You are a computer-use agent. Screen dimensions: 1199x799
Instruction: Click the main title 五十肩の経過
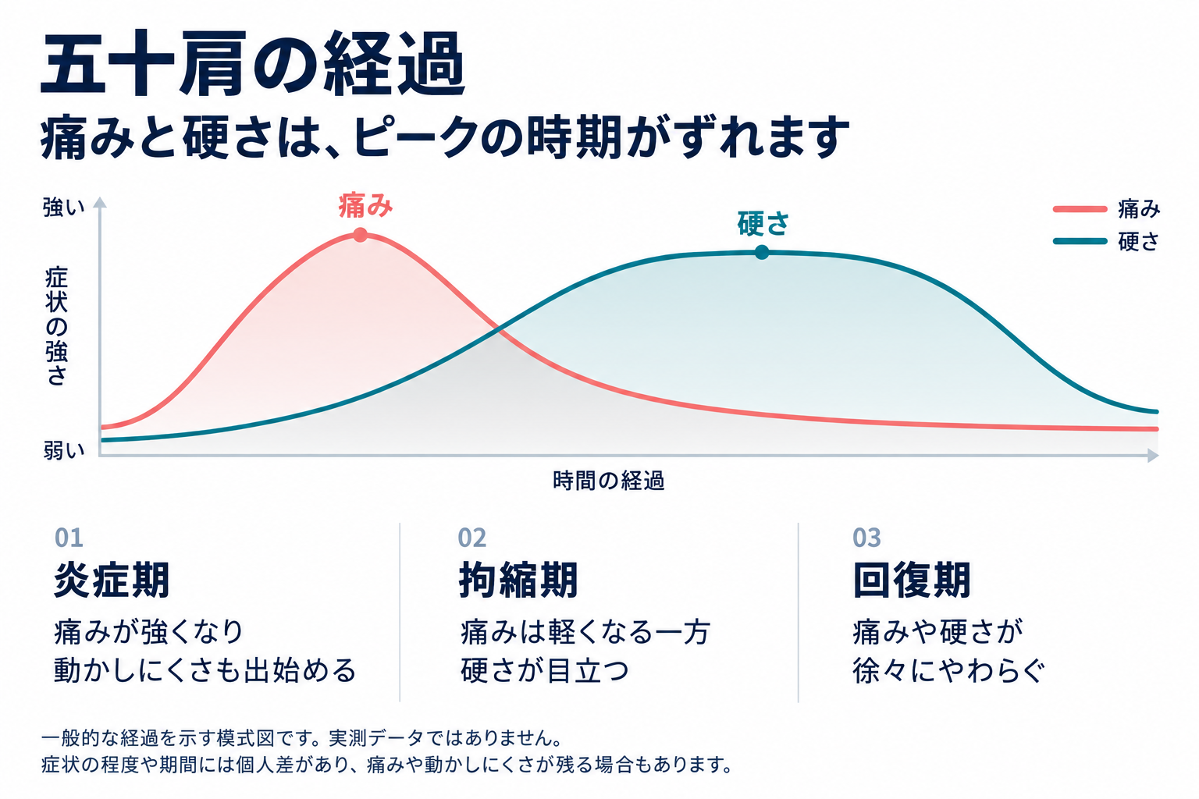tap(253, 63)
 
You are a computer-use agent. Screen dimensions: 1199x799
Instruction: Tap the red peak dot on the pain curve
tap(360, 235)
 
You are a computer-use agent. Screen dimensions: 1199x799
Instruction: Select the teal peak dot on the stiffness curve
tap(762, 252)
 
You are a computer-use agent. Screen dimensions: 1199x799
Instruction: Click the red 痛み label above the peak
tap(365, 205)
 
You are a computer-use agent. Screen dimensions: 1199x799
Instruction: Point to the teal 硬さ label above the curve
tap(763, 224)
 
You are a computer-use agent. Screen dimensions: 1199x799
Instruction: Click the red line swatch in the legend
tap(1080, 209)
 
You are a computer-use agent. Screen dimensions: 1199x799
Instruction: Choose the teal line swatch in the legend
tap(1080, 241)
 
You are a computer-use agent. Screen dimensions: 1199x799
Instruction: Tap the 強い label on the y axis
tap(64, 208)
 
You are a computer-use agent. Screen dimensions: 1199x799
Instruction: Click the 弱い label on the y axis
tap(64, 451)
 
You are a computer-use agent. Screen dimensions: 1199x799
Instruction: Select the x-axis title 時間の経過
tap(609, 481)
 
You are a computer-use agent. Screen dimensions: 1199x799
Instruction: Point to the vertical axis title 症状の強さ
tap(56, 327)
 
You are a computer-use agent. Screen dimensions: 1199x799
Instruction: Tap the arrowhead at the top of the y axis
tap(100, 202)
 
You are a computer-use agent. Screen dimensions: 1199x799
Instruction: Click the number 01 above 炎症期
tap(69, 538)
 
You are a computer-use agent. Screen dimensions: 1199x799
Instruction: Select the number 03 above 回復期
tap(866, 538)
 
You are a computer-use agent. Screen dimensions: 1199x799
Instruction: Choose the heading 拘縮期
tap(518, 580)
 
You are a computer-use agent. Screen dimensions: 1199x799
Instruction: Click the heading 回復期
tap(912, 580)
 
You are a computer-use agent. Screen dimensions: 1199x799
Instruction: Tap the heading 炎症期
tap(112, 580)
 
